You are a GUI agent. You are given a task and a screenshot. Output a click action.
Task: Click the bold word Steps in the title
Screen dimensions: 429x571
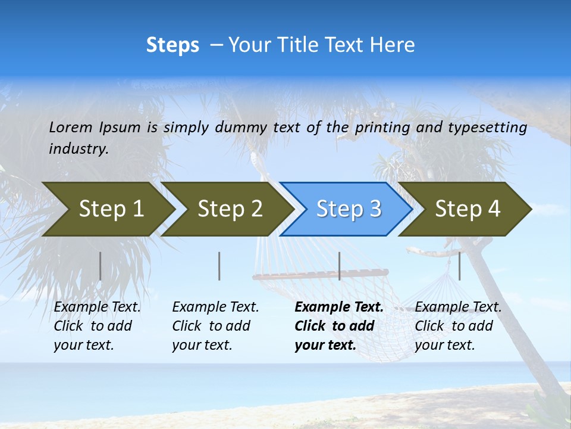click(172, 45)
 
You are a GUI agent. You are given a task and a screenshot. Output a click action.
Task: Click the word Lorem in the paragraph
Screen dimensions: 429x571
click(71, 127)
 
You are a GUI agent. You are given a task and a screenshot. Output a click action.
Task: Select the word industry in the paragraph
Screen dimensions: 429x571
click(78, 149)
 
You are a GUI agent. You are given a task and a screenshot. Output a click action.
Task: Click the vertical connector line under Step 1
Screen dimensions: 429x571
click(100, 266)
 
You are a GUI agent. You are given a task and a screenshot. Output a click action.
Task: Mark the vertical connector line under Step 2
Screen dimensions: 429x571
click(219, 266)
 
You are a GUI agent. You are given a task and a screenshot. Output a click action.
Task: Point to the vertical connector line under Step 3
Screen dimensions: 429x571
click(339, 266)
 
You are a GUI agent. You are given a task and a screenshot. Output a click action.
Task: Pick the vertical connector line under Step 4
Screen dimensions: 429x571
click(459, 266)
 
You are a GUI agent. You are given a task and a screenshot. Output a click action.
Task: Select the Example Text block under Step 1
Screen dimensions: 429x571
click(97, 326)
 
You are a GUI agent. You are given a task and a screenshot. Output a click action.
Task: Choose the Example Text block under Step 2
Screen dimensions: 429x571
click(215, 326)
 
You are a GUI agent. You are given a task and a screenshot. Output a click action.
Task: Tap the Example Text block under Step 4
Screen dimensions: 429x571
click(458, 326)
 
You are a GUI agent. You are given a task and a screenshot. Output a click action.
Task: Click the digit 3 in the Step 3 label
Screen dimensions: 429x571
click(375, 209)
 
